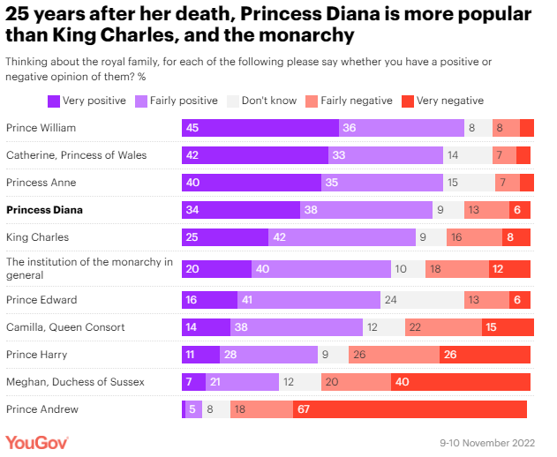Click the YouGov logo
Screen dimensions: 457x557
(x=37, y=442)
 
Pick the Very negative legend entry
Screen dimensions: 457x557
(x=442, y=101)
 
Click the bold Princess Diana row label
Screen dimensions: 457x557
(x=44, y=210)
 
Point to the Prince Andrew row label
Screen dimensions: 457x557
(x=42, y=409)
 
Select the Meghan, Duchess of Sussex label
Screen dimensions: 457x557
(x=75, y=381)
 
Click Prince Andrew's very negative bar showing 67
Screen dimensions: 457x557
(x=410, y=409)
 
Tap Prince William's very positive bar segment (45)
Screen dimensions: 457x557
(x=260, y=128)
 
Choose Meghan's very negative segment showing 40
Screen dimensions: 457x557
(x=461, y=381)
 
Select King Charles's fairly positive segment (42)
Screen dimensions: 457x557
(x=342, y=237)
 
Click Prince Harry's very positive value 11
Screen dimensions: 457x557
(x=190, y=355)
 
